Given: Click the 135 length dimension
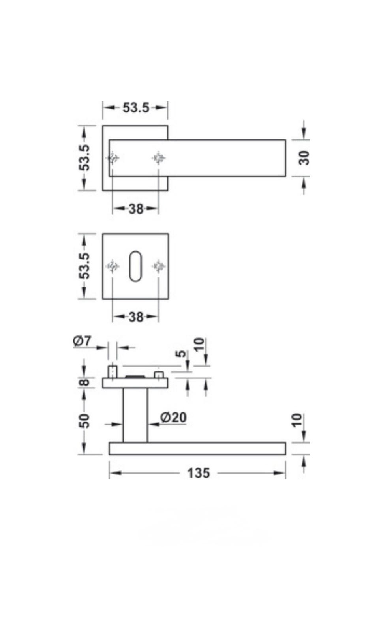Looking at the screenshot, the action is coord(199,473).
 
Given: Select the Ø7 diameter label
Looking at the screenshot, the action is coord(82,341).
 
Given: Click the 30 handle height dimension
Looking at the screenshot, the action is coord(304,158).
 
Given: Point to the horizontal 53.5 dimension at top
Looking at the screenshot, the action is coord(136,107).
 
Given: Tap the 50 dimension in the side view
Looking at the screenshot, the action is coord(84,421).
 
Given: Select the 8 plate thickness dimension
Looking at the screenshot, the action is coord(84,382).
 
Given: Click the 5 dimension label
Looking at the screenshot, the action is coord(181,354).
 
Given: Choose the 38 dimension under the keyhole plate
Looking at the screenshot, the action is coord(136,317).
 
